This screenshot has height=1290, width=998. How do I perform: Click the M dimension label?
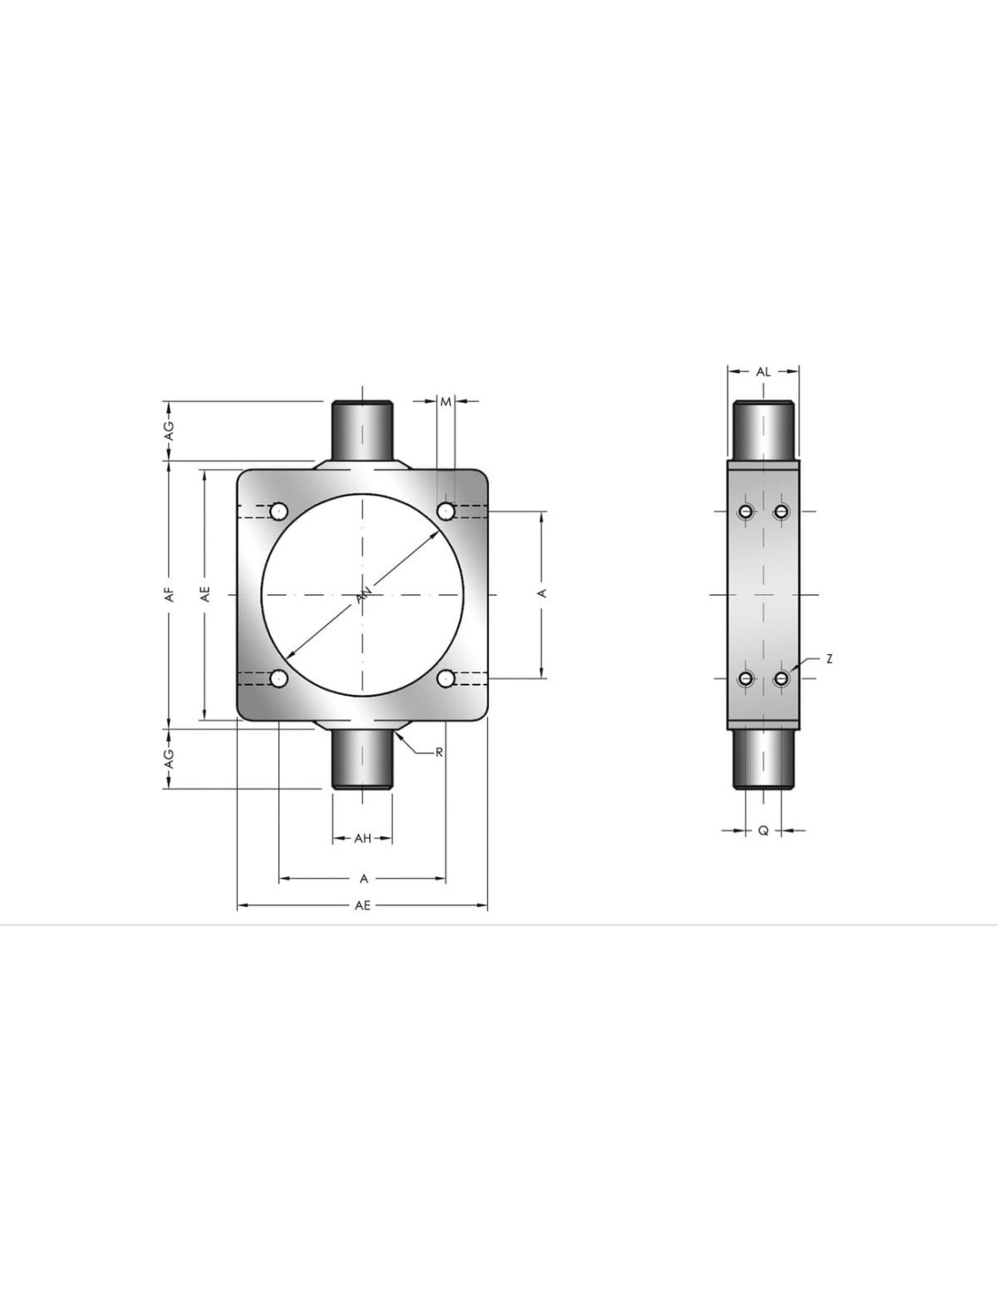click(x=445, y=403)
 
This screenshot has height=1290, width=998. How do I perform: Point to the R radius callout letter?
click(x=439, y=753)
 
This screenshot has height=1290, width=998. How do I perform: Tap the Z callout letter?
click(x=829, y=659)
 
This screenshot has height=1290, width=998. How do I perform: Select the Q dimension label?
click(x=764, y=831)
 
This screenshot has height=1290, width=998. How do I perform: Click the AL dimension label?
click(x=763, y=372)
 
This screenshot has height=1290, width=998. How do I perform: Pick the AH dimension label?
click(x=363, y=839)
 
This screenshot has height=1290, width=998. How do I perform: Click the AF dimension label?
click(x=171, y=594)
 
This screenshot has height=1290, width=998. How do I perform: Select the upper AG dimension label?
click(x=170, y=431)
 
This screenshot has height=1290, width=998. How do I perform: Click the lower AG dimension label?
click(x=170, y=758)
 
